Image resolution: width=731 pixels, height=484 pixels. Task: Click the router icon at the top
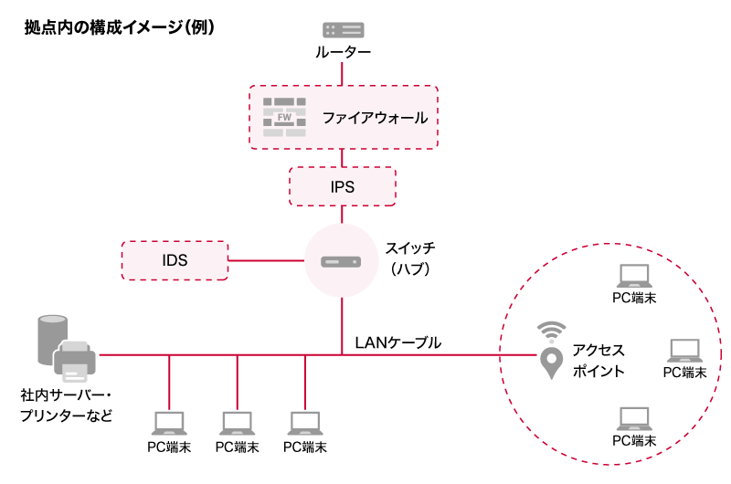[343, 30]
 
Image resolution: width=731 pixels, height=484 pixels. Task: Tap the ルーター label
[343, 53]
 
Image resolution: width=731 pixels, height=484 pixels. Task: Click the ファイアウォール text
[375, 118]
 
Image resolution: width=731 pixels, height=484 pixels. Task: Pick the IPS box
[343, 186]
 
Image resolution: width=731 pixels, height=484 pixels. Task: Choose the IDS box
[175, 260]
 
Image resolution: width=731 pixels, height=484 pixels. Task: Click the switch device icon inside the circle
[342, 261]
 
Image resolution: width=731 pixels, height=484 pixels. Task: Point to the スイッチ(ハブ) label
[409, 258]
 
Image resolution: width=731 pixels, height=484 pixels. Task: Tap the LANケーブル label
[397, 342]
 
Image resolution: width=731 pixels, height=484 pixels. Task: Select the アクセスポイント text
[599, 361]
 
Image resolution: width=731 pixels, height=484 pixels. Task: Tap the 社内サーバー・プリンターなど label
[67, 406]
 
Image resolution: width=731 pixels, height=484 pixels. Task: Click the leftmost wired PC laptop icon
[169, 422]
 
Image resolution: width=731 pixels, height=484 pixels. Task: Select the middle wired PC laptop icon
[238, 422]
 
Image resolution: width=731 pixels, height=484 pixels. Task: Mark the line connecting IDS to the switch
[265, 261]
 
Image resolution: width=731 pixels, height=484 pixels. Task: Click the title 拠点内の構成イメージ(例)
[120, 27]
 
